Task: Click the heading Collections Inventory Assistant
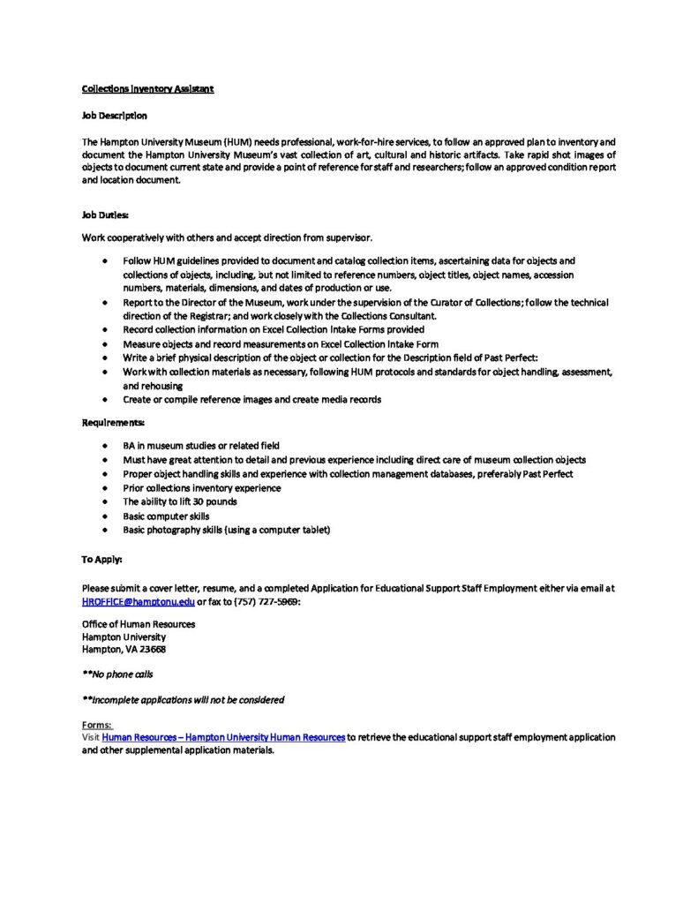coord(147,89)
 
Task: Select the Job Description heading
coord(115,116)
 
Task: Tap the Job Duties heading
coord(106,214)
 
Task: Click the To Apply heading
coord(102,559)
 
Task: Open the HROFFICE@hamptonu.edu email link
coord(138,601)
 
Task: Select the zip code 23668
coord(151,649)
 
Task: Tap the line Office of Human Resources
coord(139,624)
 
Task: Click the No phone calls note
coord(117,674)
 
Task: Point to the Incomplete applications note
coord(183,699)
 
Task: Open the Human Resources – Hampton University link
coord(223,737)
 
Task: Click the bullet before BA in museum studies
coord(106,446)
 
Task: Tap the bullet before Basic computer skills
coord(106,516)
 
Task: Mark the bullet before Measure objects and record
coord(106,344)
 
